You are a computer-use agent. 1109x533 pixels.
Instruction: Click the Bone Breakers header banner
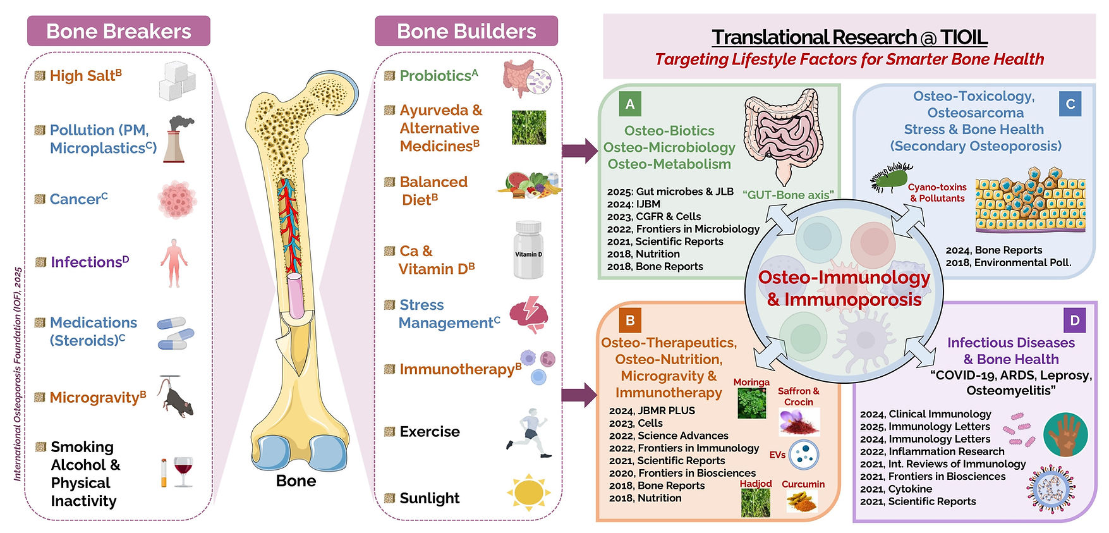(119, 31)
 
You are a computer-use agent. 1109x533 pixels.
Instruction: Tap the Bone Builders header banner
(466, 31)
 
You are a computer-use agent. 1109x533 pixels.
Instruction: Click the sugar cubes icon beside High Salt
(177, 81)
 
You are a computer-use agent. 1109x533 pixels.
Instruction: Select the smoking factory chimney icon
(178, 139)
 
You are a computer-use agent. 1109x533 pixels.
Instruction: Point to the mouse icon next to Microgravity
(175, 398)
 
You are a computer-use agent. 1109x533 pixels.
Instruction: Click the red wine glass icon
(183, 472)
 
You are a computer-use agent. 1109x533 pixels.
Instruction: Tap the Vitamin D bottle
(528, 250)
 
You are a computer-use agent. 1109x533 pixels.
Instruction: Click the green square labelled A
(630, 104)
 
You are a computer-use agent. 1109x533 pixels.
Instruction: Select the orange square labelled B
(630, 320)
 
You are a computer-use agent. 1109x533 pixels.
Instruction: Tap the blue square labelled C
(1070, 104)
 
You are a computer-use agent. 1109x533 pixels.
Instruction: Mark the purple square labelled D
(1074, 320)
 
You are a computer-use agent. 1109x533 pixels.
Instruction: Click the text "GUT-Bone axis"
(788, 195)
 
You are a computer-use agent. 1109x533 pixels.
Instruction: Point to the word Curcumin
(803, 484)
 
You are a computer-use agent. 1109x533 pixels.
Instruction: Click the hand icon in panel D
(1065, 435)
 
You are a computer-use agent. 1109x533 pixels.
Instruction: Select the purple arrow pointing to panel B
(579, 395)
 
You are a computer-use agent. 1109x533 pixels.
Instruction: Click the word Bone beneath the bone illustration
(296, 481)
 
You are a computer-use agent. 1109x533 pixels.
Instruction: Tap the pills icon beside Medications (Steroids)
(176, 333)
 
